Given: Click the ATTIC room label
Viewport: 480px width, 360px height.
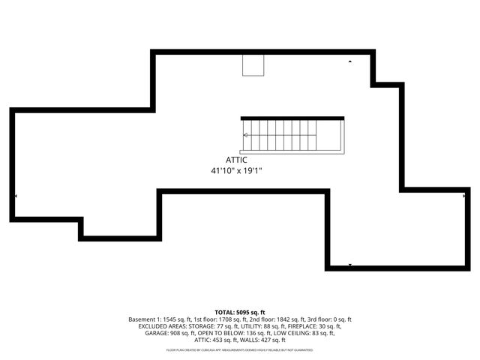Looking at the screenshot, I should click(236, 160).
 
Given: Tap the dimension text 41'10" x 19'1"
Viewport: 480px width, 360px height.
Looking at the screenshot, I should click(236, 171).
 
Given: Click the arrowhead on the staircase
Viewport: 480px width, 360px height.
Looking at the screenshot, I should click(245, 135).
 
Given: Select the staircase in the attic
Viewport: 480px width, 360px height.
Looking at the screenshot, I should click(292, 136).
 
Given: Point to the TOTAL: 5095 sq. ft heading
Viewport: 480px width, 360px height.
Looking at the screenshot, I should click(240, 312).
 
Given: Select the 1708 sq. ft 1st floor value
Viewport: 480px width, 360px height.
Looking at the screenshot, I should click(217, 319).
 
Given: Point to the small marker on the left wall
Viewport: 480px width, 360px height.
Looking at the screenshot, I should click(15, 196).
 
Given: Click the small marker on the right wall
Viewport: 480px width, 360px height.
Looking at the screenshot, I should click(464, 196).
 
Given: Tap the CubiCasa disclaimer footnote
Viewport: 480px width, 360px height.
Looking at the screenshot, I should click(240, 349).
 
